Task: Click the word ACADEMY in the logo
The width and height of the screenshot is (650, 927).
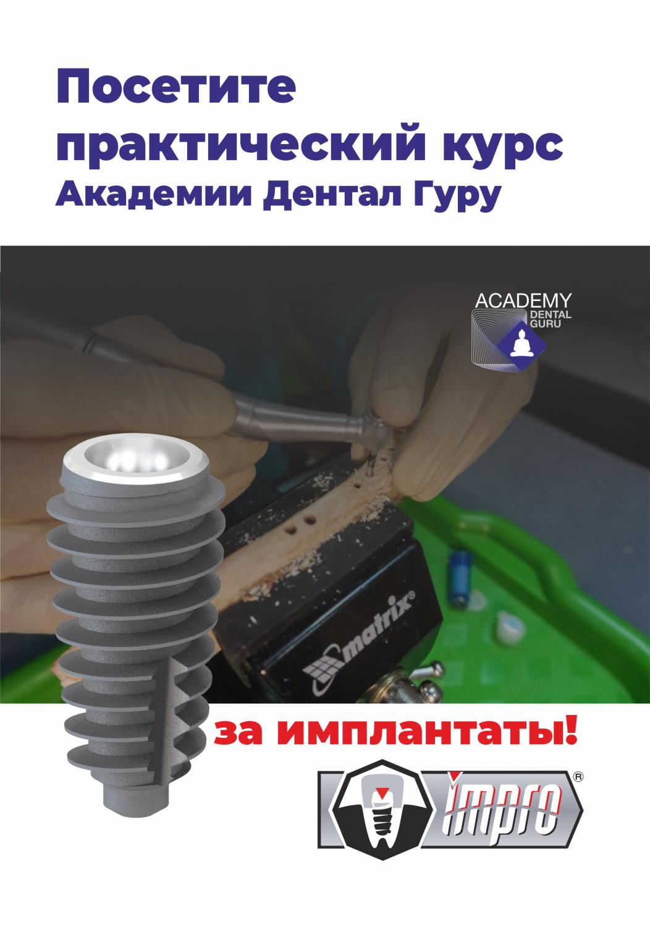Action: (523, 300)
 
